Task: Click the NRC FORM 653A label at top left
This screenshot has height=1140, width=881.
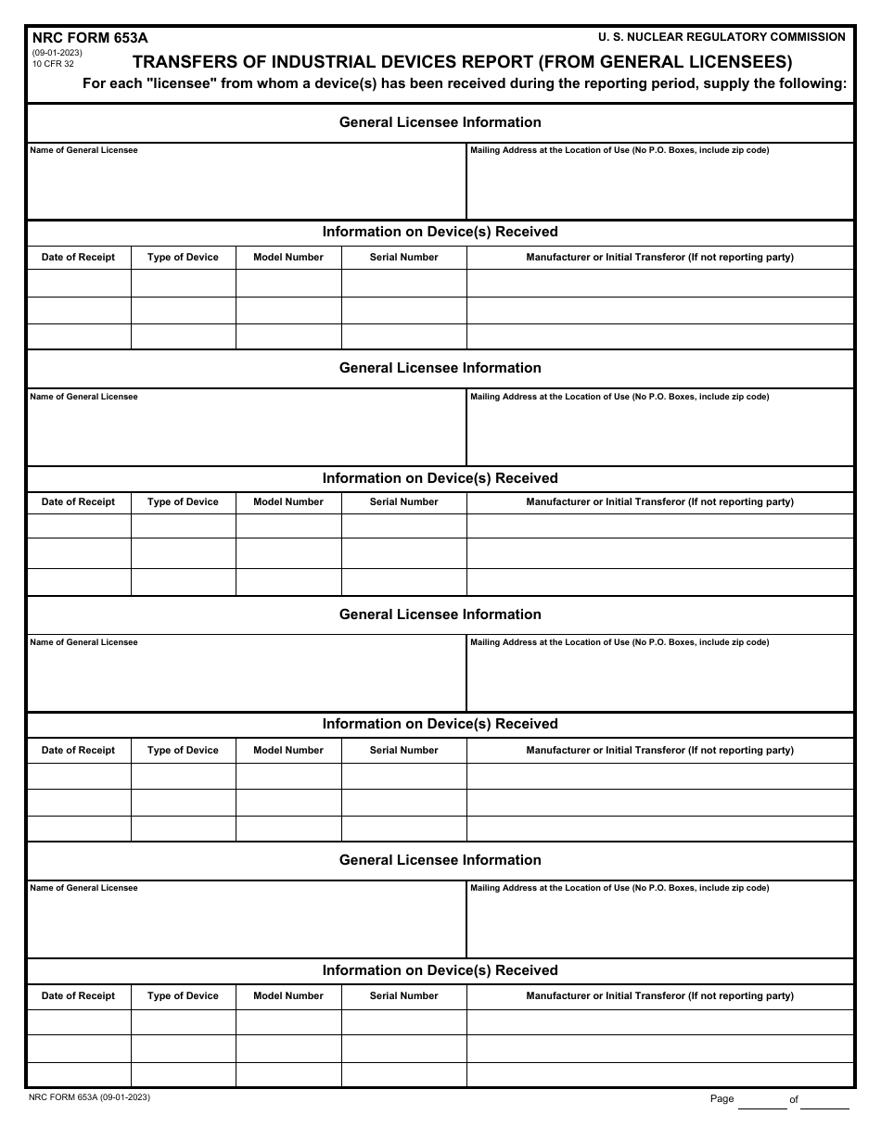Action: (x=90, y=38)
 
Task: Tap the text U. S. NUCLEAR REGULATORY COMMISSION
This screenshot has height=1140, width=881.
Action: (x=721, y=37)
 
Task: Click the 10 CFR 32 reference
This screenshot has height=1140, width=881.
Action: (x=53, y=64)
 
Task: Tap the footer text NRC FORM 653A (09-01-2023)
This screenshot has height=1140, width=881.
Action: (x=90, y=1097)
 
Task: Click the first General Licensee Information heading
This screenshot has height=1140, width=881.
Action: (x=440, y=122)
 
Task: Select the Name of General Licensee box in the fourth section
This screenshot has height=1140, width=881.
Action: (x=246, y=923)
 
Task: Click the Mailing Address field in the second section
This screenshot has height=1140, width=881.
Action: (x=659, y=432)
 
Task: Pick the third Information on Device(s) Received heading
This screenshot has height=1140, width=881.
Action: (x=440, y=724)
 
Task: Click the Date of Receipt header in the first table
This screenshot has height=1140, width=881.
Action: (x=78, y=257)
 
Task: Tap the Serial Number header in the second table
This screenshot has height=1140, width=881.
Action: (x=403, y=501)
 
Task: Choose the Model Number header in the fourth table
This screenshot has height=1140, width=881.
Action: (x=288, y=995)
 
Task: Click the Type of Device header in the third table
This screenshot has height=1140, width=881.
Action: (x=183, y=750)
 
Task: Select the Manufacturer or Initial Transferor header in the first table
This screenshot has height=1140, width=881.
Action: (x=659, y=257)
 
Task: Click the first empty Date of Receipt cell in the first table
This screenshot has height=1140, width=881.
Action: (x=78, y=283)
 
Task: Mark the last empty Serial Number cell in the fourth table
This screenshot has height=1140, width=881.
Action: (x=403, y=1074)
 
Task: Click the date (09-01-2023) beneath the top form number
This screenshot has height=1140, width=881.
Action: (x=57, y=53)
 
